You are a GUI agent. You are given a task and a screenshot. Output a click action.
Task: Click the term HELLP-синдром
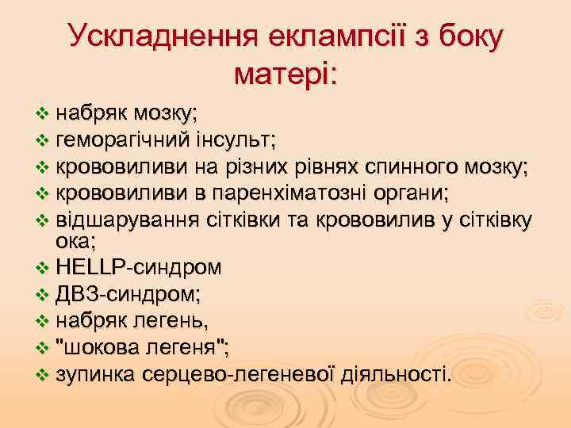click(x=140, y=268)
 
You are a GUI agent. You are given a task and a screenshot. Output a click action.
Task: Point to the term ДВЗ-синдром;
click(x=128, y=294)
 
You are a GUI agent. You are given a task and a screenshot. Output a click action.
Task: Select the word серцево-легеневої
click(x=234, y=373)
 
